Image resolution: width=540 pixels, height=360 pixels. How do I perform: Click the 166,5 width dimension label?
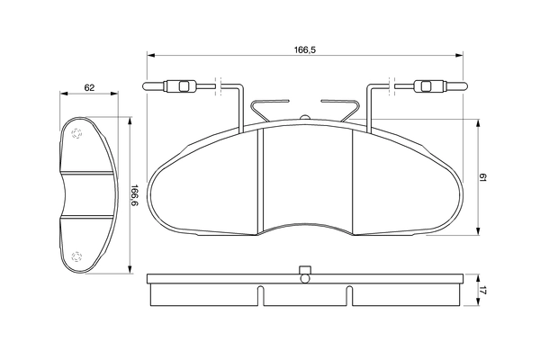[x=305, y=50]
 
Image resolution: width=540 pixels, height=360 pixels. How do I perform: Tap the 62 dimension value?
[x=89, y=88]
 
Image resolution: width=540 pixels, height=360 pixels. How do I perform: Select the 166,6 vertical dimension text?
[x=134, y=195]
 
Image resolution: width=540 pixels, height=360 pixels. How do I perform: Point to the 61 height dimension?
[x=482, y=178]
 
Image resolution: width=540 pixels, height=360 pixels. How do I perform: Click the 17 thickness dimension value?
[x=482, y=291]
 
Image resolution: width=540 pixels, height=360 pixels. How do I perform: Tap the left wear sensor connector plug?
[x=170, y=86]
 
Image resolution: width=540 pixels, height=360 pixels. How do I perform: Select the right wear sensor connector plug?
[x=440, y=86]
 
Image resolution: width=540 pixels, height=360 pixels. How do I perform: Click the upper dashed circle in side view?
[x=76, y=134]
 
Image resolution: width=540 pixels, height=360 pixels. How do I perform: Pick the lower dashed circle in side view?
[x=76, y=256]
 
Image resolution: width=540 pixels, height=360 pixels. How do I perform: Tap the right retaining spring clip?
[x=340, y=110]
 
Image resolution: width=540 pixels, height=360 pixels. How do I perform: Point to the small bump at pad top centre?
[x=305, y=117]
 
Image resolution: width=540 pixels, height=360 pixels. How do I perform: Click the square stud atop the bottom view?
[x=305, y=270]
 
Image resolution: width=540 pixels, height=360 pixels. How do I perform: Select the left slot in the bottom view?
[x=261, y=295]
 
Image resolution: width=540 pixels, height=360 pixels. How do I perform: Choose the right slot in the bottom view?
[x=349, y=295]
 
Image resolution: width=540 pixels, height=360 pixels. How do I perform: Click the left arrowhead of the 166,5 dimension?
[x=150, y=55]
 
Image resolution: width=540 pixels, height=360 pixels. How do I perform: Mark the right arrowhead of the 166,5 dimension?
[x=459, y=55]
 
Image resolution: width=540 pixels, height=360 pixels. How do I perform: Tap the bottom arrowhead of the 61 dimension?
[x=478, y=231]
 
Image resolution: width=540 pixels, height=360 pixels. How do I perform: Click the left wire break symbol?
[x=219, y=86]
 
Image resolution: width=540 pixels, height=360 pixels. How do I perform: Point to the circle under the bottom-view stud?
[x=305, y=278]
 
